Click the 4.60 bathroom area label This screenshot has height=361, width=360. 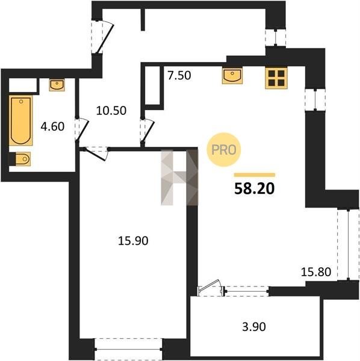(x=52, y=126)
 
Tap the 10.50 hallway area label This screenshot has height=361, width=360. (x=111, y=111)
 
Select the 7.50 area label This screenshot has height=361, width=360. (x=179, y=76)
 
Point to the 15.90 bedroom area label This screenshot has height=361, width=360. (x=133, y=241)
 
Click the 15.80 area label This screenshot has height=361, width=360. (x=316, y=272)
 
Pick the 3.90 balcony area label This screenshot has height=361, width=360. (x=254, y=327)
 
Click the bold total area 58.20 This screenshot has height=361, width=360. (x=254, y=189)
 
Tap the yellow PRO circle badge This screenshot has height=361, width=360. (x=224, y=150)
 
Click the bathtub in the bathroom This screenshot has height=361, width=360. (x=20, y=121)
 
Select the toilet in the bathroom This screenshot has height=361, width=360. (x=20, y=159)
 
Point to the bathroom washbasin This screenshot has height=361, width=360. (x=57, y=85)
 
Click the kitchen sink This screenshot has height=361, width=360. (x=232, y=76)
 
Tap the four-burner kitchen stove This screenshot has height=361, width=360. (x=276, y=78)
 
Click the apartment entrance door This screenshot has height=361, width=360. (x=103, y=37)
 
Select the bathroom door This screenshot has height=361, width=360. (x=82, y=130)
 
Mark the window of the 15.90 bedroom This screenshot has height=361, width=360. (x=128, y=349)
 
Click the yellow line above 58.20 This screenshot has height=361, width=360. (x=255, y=175)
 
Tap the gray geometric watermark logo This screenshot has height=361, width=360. (x=179, y=177)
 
